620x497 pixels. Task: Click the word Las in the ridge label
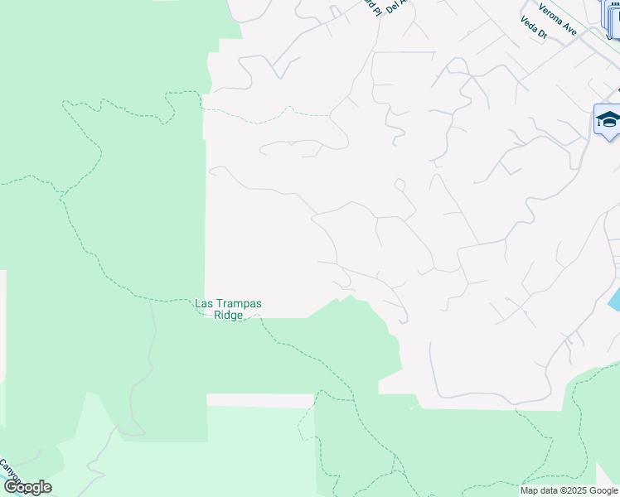[204, 304]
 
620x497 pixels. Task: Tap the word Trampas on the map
[238, 304]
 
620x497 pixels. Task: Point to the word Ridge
[228, 315]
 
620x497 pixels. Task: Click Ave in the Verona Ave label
[569, 31]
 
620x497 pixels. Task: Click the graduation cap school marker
[608, 120]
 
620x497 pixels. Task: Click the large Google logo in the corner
[27, 487]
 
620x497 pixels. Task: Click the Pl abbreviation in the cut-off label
[373, 8]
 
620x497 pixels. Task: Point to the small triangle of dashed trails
[306, 422]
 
